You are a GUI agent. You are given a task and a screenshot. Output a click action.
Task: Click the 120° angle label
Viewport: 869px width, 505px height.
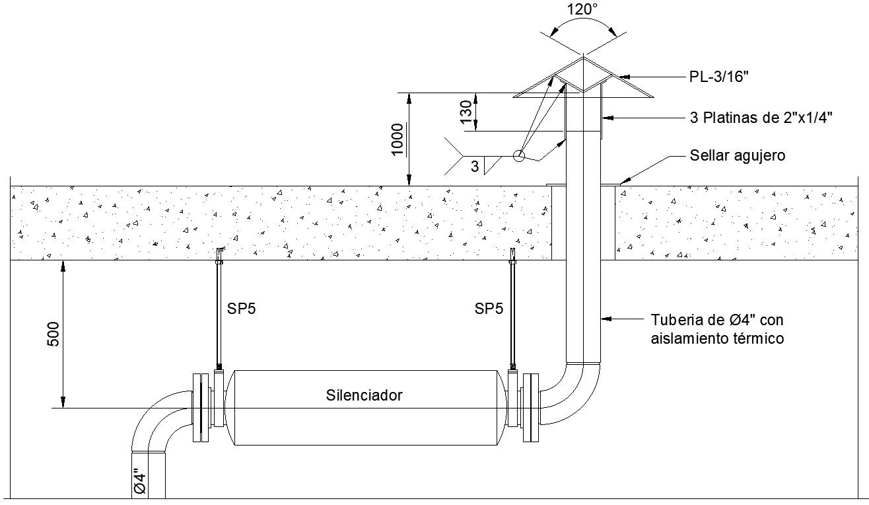click(583, 9)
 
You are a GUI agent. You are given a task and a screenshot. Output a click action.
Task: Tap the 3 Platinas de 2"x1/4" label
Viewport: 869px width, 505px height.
click(760, 118)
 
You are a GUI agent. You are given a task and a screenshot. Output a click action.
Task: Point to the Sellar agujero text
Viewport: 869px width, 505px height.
click(737, 156)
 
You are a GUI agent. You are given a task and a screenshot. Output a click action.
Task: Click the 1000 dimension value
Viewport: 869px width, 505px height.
click(398, 139)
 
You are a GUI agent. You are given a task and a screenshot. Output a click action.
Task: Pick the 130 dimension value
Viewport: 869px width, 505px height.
click(467, 112)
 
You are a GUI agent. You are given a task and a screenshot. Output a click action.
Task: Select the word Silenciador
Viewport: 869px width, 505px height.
click(364, 396)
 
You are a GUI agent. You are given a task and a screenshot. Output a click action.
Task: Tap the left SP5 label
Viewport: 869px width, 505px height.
click(241, 309)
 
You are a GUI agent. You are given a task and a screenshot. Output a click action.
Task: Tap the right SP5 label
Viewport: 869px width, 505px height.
click(489, 309)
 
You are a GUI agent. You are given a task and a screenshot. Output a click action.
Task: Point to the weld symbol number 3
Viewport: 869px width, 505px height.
click(475, 167)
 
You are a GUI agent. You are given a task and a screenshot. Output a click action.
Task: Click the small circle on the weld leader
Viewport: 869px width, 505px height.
click(519, 156)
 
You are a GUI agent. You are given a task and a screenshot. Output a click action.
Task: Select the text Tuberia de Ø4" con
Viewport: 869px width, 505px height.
click(716, 321)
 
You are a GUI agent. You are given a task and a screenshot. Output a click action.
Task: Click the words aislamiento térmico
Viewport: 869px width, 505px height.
click(717, 338)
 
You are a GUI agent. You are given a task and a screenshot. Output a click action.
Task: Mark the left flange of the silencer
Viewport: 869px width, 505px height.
click(198, 407)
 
